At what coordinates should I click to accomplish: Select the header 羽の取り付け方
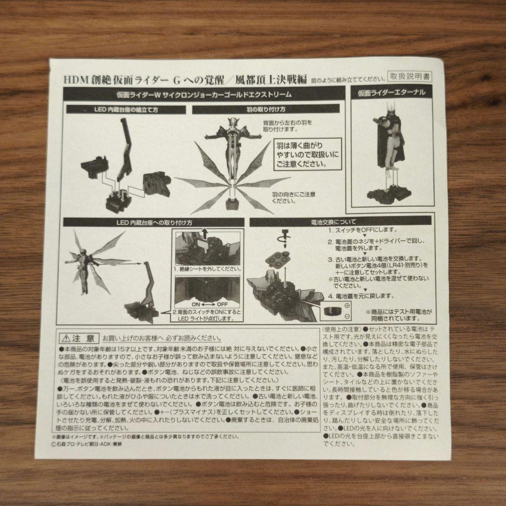point(266,110)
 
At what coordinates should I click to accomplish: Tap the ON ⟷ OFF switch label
point(207,303)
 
